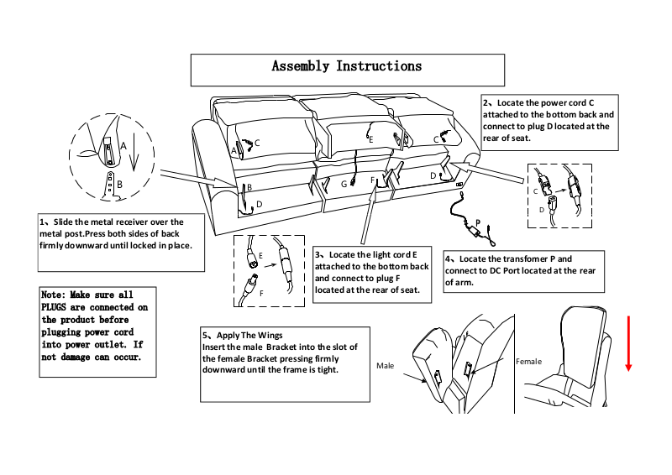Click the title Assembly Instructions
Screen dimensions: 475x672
tap(346, 66)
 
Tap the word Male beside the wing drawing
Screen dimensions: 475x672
tap(385, 366)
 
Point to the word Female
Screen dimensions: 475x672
tap(529, 361)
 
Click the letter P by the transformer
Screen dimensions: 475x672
tap(477, 223)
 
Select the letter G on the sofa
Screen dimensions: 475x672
tap(344, 183)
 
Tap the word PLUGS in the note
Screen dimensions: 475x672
tap(59, 307)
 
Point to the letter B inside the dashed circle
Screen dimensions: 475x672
tap(118, 182)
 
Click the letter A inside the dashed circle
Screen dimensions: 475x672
tap(123, 144)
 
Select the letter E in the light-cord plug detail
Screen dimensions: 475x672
tap(261, 253)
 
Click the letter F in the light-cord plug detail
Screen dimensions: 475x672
tap(261, 293)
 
